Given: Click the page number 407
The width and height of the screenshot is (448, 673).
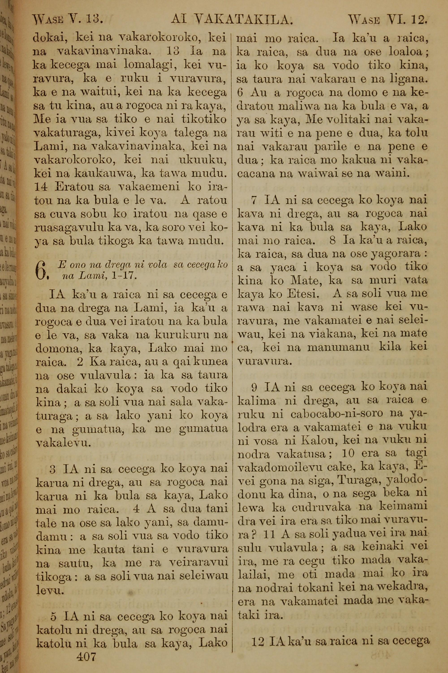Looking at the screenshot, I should (x=86, y=648).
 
